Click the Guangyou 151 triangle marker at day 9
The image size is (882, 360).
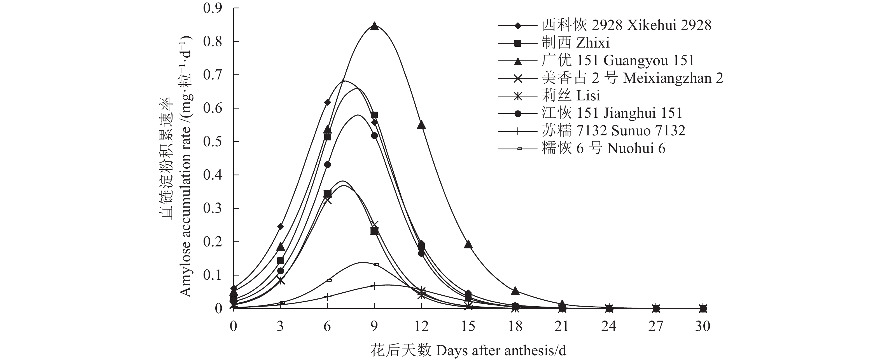pyautogui.click(x=374, y=26)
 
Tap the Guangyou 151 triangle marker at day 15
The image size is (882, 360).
pyautogui.click(x=468, y=244)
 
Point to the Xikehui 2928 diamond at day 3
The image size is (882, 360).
pyautogui.click(x=280, y=227)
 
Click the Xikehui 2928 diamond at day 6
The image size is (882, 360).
pyautogui.click(x=327, y=102)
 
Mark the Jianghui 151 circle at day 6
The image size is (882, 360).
pyautogui.click(x=327, y=164)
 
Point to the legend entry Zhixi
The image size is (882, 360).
pyautogui.click(x=575, y=43)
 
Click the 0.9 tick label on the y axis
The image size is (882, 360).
pyautogui.click(x=212, y=8)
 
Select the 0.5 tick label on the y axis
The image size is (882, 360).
pyautogui.click(x=212, y=142)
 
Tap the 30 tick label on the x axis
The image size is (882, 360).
pyautogui.click(x=702, y=326)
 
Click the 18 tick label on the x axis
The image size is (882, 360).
pyautogui.click(x=515, y=326)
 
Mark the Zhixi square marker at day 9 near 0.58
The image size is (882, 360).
pyautogui.click(x=374, y=115)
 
